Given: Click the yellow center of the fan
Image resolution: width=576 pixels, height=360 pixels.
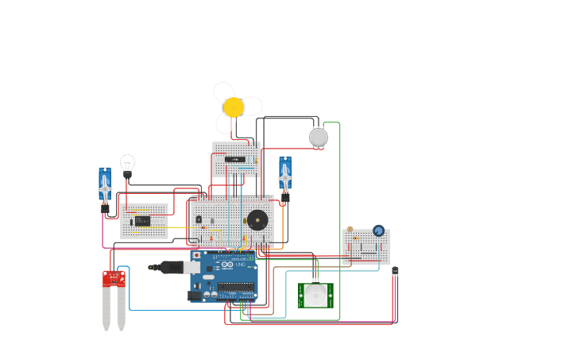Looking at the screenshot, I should (x=234, y=107).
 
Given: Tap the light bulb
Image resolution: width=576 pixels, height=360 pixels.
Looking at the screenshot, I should (x=127, y=165).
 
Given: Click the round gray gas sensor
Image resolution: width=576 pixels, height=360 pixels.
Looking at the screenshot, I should (x=319, y=137).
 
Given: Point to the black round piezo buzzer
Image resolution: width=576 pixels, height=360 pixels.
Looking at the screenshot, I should (x=257, y=220).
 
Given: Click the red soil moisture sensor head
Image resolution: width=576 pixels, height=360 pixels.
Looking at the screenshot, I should (x=114, y=278).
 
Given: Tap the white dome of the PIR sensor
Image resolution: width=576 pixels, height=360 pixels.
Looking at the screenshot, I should (x=316, y=295).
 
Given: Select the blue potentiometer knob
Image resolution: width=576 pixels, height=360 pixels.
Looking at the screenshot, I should (x=378, y=230).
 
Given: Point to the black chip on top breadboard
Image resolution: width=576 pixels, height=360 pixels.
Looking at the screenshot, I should (x=234, y=159).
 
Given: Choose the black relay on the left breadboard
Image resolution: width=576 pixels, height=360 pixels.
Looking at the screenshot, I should (x=142, y=221).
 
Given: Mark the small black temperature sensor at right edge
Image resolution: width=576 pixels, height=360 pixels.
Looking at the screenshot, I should (x=395, y=271).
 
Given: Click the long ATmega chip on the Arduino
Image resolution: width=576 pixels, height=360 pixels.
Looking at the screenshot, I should (x=236, y=287).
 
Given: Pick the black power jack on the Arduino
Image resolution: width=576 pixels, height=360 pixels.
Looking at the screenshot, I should (x=195, y=295).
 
